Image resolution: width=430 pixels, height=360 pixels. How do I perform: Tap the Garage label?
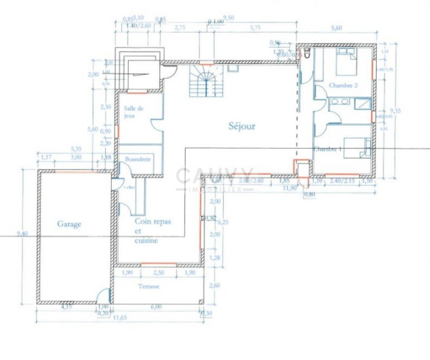[69, 223]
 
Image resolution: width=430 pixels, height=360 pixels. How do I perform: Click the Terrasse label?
[148, 286]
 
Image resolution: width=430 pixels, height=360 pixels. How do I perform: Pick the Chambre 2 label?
[342, 87]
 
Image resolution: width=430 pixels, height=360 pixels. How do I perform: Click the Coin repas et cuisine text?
[152, 231]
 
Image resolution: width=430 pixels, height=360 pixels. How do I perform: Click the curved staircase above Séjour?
[206, 81]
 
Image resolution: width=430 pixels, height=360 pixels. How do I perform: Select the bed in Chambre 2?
[347, 61]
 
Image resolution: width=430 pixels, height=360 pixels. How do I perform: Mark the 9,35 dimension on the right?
[396, 110]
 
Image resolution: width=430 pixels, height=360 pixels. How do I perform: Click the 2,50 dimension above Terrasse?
[158, 273]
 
